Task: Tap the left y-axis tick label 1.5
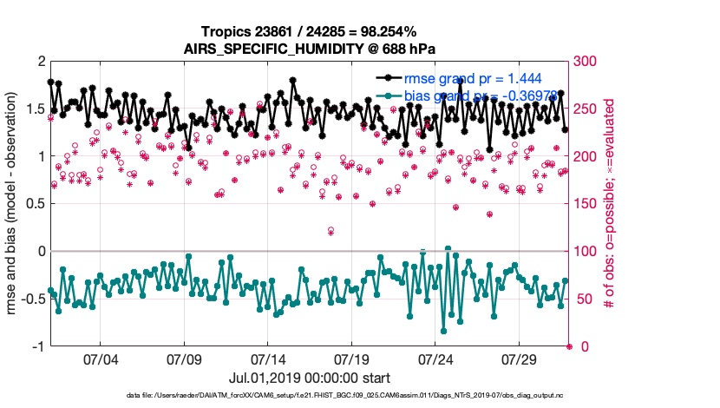34,109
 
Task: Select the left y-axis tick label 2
40,62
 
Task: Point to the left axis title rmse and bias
14,203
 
